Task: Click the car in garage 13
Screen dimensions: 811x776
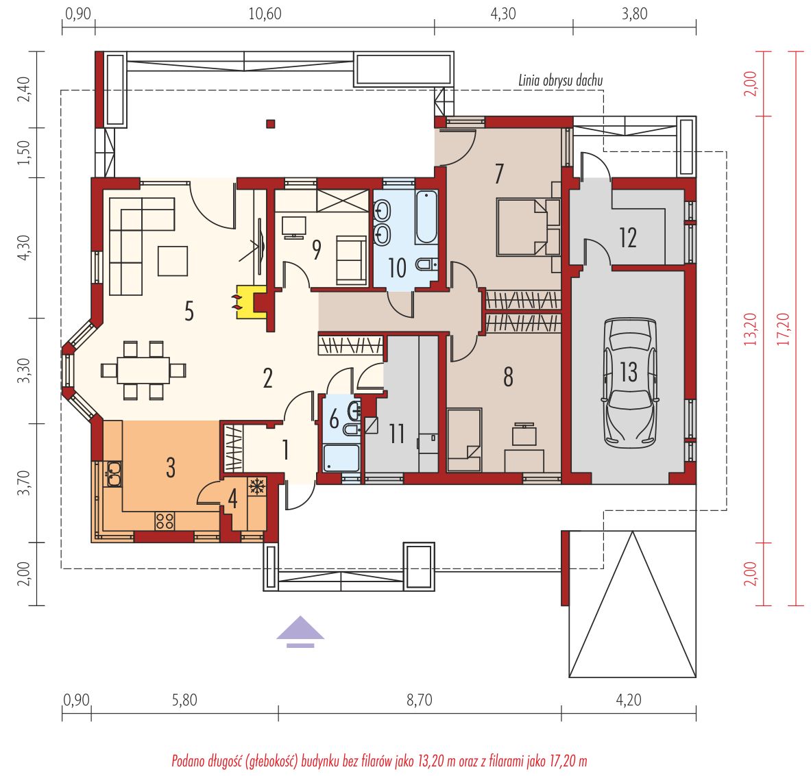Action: [629, 382]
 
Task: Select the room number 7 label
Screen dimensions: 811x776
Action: [498, 173]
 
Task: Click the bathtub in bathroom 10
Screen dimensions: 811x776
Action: [426, 216]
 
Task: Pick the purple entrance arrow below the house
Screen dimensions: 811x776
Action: [300, 631]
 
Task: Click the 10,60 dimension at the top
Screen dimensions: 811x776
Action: [265, 14]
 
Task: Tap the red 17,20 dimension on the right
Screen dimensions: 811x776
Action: [783, 329]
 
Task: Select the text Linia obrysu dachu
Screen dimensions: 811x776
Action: [561, 80]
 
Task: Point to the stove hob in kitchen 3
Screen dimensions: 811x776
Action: [165, 521]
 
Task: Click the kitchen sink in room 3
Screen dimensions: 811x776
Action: [113, 474]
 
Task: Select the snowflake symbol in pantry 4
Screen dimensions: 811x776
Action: [257, 486]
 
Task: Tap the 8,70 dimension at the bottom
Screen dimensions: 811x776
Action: [419, 700]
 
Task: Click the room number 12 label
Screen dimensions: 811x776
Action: [628, 238]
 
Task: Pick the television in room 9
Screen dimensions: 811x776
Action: [294, 227]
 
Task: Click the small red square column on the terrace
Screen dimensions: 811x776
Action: [271, 124]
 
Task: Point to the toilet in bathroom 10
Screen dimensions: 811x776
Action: [426, 264]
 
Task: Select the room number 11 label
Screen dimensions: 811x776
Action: [397, 434]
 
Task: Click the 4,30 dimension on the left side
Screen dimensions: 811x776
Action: [24, 247]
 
